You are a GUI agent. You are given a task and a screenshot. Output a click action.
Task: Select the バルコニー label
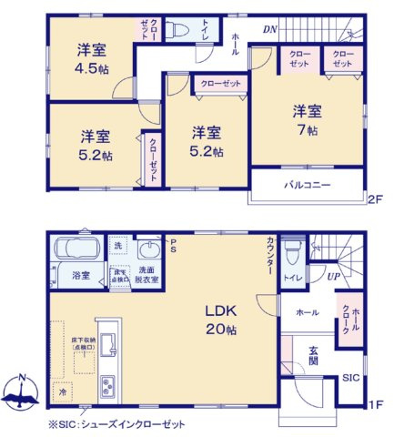[x=306, y=186]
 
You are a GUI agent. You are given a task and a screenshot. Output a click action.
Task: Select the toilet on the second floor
[x=178, y=30]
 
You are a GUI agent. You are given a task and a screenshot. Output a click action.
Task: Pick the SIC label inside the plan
[x=350, y=378]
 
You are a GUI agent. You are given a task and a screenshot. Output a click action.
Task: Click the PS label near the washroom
[x=174, y=241]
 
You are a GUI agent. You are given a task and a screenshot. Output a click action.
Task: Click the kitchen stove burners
[x=106, y=382]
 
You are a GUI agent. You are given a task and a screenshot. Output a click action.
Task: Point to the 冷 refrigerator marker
[x=63, y=391]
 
